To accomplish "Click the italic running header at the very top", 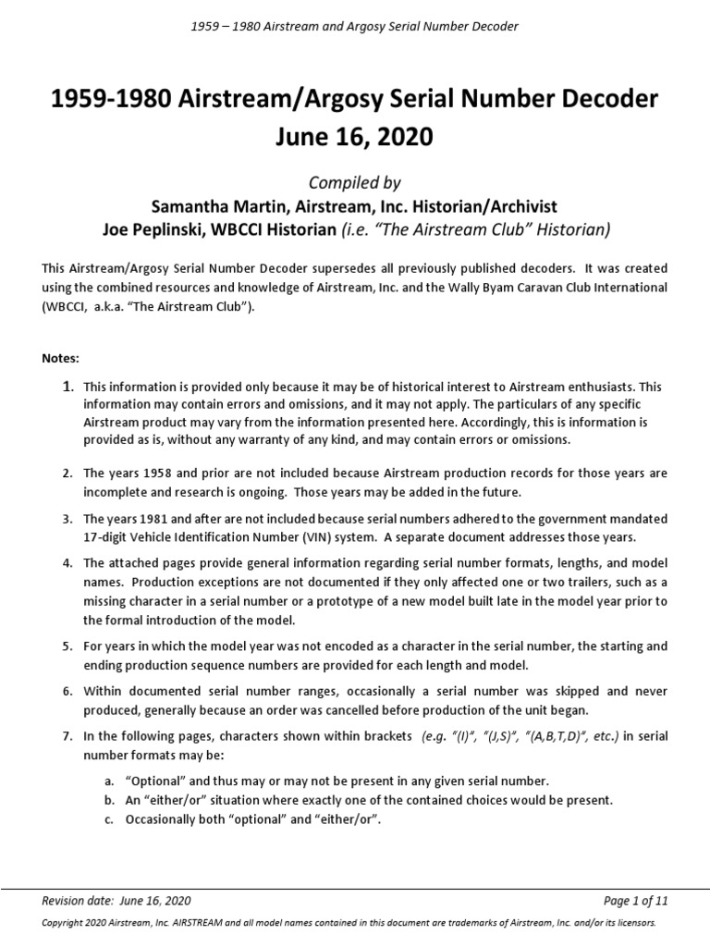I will click(354, 26).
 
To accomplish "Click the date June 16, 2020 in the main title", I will click(354, 138).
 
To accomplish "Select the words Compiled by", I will click(354, 183).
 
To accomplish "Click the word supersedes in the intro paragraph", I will click(350, 269).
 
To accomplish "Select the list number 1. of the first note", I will click(67, 387).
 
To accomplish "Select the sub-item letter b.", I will click(107, 800).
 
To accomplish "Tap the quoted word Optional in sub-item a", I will click(153, 781).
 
